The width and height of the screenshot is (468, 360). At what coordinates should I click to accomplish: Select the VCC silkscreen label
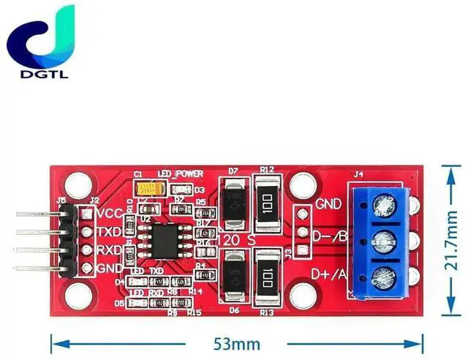coord(110,214)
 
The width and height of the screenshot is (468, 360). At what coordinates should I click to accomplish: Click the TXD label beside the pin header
coord(110,232)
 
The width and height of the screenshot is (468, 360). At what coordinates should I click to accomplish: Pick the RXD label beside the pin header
coord(110,250)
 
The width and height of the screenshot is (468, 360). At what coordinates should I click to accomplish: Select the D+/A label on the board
coord(330,274)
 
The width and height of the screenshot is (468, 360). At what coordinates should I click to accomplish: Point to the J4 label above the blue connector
coord(358,174)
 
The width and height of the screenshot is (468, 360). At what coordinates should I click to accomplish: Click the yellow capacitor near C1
coord(147,188)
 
